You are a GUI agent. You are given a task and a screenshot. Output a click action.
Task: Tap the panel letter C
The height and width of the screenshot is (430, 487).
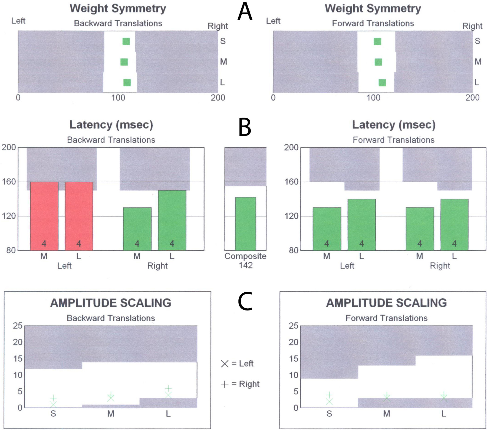coord(245,301)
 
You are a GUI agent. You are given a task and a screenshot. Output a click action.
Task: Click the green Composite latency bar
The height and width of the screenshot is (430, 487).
coord(245,224)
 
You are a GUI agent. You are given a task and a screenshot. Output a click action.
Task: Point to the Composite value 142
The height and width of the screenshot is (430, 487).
coord(245,265)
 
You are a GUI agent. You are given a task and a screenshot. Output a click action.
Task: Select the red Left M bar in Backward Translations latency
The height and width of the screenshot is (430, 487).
coord(44,216)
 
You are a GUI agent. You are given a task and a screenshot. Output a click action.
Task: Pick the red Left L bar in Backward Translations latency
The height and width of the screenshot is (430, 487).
coord(79,216)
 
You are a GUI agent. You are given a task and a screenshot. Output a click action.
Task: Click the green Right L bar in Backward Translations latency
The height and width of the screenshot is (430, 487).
coord(172,220)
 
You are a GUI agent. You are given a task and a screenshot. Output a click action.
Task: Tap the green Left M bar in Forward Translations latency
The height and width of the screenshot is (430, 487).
coord(327,229)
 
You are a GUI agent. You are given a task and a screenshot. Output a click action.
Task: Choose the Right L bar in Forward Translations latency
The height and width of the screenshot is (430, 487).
coord(455,224)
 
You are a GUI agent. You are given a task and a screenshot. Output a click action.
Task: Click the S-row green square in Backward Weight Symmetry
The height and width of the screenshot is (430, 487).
coord(126,41)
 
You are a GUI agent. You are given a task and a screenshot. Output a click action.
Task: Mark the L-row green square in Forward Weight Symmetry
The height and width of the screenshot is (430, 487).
coord(382,83)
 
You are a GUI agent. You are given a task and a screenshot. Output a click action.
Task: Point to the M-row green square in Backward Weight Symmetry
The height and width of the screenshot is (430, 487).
coord(124,62)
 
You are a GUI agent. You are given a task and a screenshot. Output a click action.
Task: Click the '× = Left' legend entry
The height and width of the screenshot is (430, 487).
coord(237,364)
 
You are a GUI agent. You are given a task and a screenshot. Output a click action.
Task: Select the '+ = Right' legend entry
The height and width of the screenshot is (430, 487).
coord(240,384)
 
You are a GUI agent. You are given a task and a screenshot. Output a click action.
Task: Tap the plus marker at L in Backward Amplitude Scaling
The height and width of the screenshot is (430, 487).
coord(168,389)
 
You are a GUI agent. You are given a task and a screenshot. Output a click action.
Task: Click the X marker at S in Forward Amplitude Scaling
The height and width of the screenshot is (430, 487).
coord(329,402)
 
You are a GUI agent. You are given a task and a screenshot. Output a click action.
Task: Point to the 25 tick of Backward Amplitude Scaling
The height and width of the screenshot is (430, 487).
coord(18,326)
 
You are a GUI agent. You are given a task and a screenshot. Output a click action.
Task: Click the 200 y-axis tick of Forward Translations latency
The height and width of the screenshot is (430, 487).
coord(291,147)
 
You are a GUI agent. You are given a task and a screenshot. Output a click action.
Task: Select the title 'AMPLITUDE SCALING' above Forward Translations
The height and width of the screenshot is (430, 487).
coord(386,303)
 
